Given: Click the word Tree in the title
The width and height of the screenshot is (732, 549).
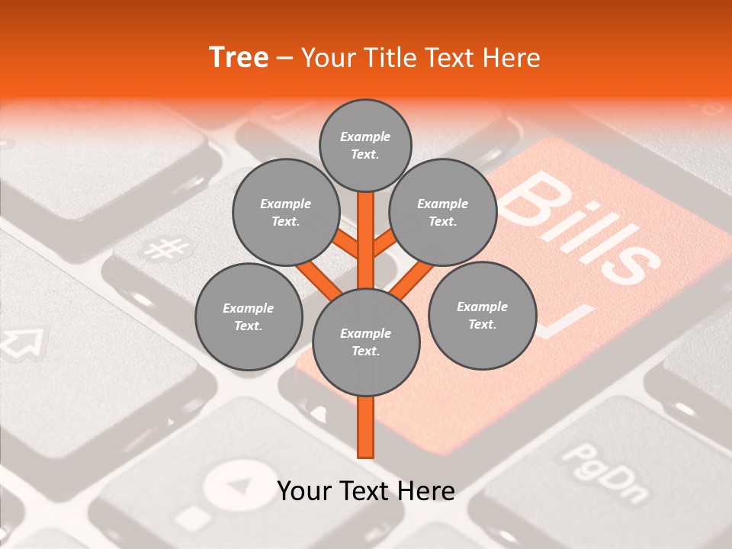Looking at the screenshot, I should [x=239, y=58].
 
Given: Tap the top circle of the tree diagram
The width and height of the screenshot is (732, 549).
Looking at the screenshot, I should [x=365, y=145].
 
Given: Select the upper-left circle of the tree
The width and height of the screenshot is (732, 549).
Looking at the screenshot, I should [x=285, y=212].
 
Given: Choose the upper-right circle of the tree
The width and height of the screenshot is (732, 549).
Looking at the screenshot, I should [x=442, y=212].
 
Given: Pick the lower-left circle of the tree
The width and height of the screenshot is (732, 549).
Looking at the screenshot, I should [x=249, y=316].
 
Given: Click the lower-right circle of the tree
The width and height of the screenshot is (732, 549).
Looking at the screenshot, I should [x=482, y=315].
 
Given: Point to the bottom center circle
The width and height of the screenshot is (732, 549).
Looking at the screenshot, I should [x=366, y=342].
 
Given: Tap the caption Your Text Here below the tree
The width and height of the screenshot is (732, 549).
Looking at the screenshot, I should [x=366, y=491].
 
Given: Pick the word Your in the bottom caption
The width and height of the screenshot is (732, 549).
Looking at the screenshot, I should [x=303, y=491].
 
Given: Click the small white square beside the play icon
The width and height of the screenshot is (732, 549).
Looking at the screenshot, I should [x=197, y=518].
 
